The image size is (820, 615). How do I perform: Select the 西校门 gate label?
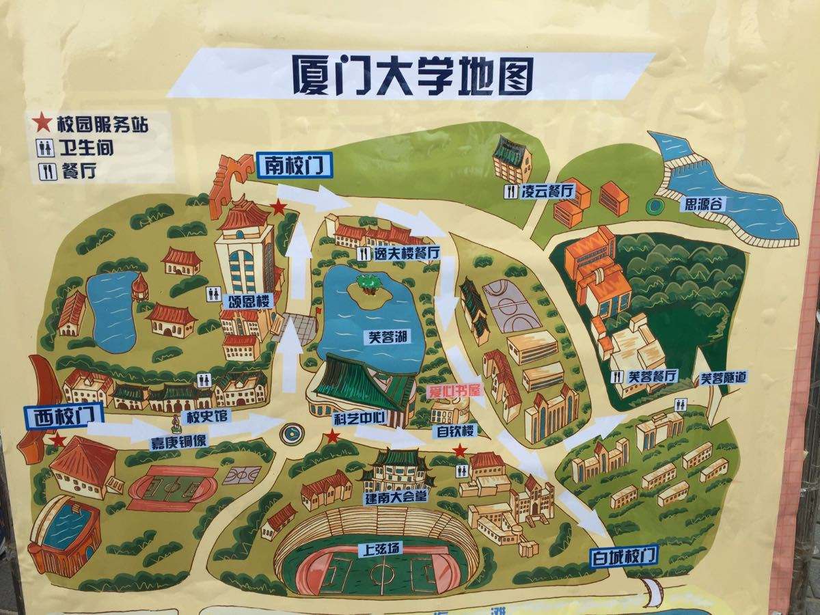(x=64, y=416)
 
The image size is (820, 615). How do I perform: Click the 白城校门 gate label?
(x=623, y=554)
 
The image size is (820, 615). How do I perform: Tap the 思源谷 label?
(x=704, y=203)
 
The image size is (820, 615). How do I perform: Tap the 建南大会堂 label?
(x=396, y=497)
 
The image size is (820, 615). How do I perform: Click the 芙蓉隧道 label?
(x=724, y=377)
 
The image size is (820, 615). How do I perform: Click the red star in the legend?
(x=42, y=123)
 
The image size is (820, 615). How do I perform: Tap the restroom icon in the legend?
(x=46, y=148)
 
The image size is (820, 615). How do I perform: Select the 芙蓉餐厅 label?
(x=651, y=376)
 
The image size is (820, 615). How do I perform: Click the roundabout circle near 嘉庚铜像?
(x=293, y=433)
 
